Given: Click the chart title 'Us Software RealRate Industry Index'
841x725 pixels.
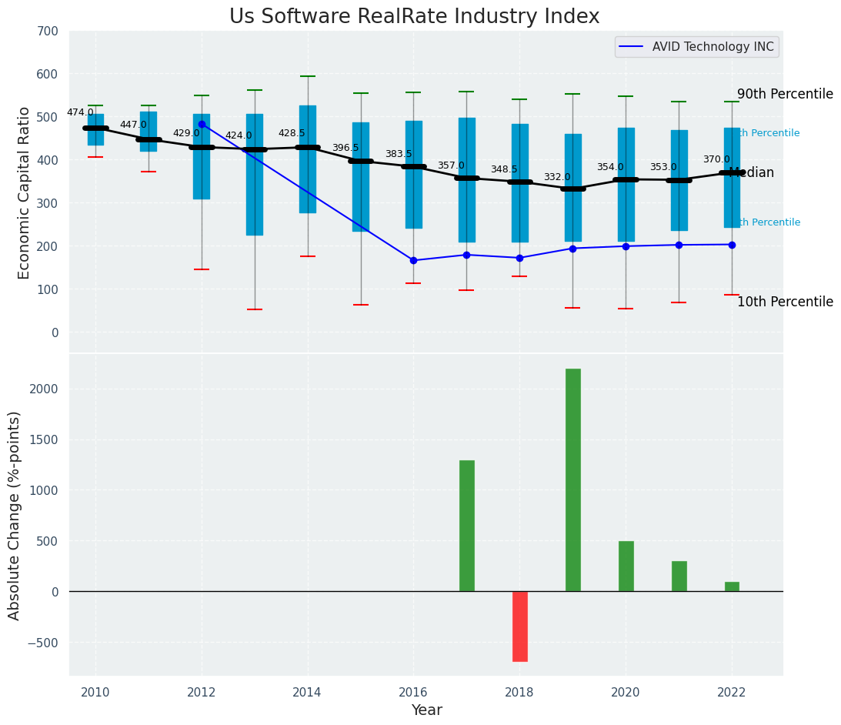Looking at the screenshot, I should [414, 17].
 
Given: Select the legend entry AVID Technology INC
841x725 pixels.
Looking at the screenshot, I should [713, 47].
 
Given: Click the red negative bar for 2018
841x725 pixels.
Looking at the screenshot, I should [519, 626].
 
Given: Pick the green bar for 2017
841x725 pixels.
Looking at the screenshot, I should [466, 526].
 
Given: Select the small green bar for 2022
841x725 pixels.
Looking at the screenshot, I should [732, 586].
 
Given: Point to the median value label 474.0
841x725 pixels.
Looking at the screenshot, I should [80, 112].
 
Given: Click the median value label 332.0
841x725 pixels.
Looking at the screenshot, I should [557, 177].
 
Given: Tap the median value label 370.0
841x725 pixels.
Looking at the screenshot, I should [716, 159].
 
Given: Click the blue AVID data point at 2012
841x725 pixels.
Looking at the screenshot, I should [202, 124].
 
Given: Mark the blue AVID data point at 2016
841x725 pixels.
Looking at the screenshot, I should [413, 260].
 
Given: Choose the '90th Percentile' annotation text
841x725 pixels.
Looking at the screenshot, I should [785, 94].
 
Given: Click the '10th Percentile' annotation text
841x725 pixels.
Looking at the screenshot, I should [785, 302].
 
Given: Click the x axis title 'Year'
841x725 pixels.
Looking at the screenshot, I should [426, 710].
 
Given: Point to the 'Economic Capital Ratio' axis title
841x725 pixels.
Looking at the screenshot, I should [24, 192].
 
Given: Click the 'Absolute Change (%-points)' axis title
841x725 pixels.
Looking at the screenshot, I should [15, 515].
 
